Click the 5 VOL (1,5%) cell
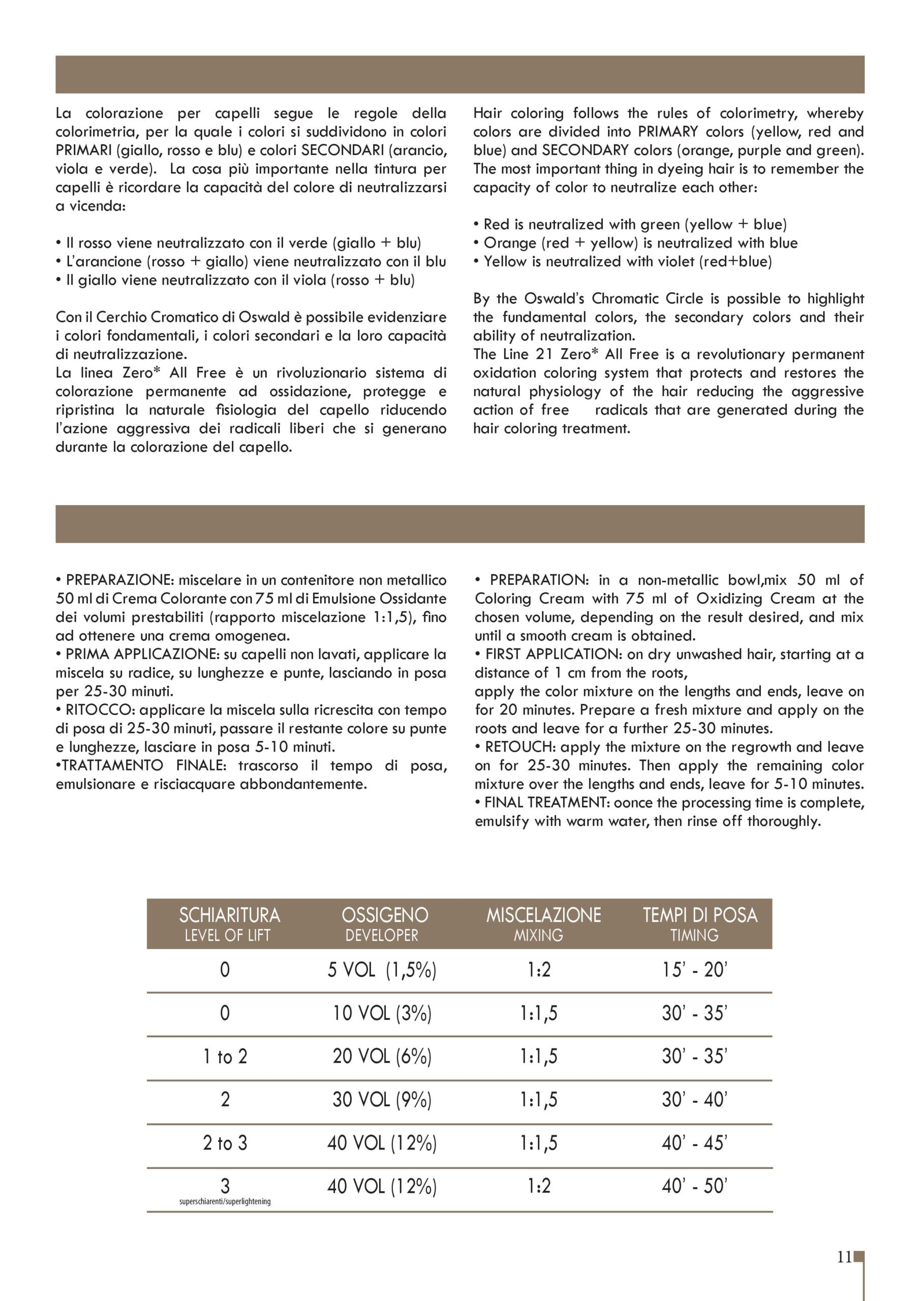click(x=382, y=971)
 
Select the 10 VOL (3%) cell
click(x=382, y=1013)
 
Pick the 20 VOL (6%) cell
click(x=382, y=1056)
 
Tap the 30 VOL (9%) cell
click(x=382, y=1100)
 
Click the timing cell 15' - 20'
click(x=694, y=971)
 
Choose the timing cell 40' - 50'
click(x=694, y=1186)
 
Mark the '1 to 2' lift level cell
click(x=225, y=1057)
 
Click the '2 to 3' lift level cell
click(x=225, y=1143)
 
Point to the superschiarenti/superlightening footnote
click(x=225, y=1201)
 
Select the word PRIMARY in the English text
click(x=667, y=132)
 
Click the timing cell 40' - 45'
click(x=694, y=1143)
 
